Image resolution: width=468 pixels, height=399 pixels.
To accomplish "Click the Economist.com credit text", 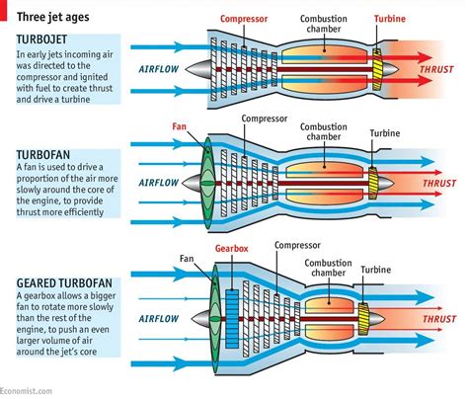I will pyautogui.click(x=27, y=392).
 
